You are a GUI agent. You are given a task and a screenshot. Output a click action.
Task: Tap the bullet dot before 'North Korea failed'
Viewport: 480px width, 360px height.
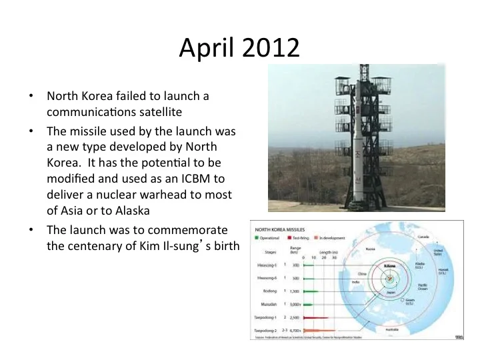(31, 96)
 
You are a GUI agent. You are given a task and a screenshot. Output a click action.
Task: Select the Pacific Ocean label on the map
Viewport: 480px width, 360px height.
(423, 289)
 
